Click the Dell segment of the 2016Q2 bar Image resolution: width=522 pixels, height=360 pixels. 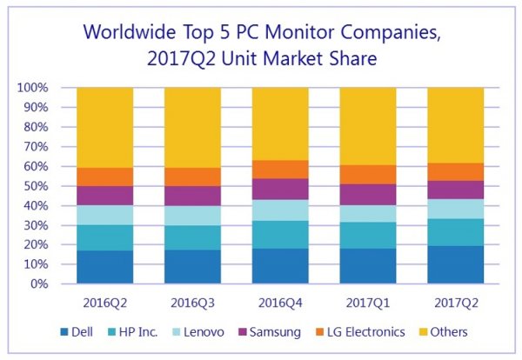(x=104, y=267)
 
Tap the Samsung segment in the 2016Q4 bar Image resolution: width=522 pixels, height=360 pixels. (x=280, y=190)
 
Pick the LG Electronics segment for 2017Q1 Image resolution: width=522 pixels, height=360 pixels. (x=368, y=175)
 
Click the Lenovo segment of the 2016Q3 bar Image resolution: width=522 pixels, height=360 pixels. (x=192, y=216)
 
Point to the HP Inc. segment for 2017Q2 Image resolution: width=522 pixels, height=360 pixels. (x=455, y=232)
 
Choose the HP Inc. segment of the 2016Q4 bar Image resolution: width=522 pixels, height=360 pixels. (x=280, y=235)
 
